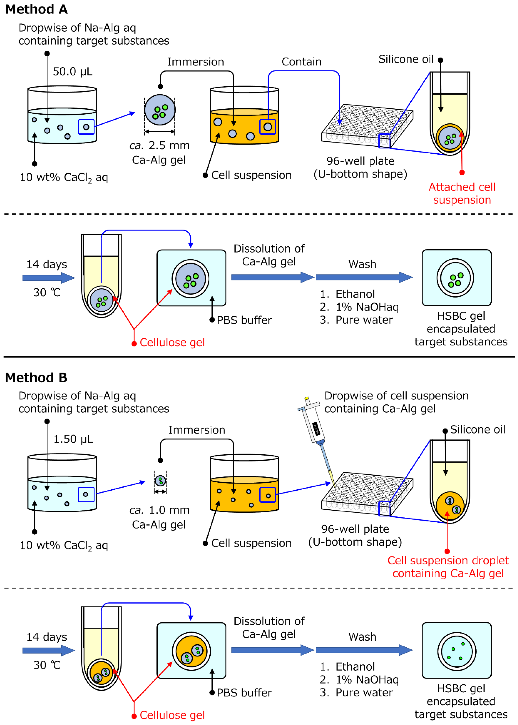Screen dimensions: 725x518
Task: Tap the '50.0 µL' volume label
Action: point(73,72)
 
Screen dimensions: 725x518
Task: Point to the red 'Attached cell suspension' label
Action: point(462,193)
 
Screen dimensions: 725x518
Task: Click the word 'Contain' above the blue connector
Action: point(301,62)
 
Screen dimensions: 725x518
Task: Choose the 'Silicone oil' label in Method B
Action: point(478,430)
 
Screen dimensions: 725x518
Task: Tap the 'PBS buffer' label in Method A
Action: point(244,320)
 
